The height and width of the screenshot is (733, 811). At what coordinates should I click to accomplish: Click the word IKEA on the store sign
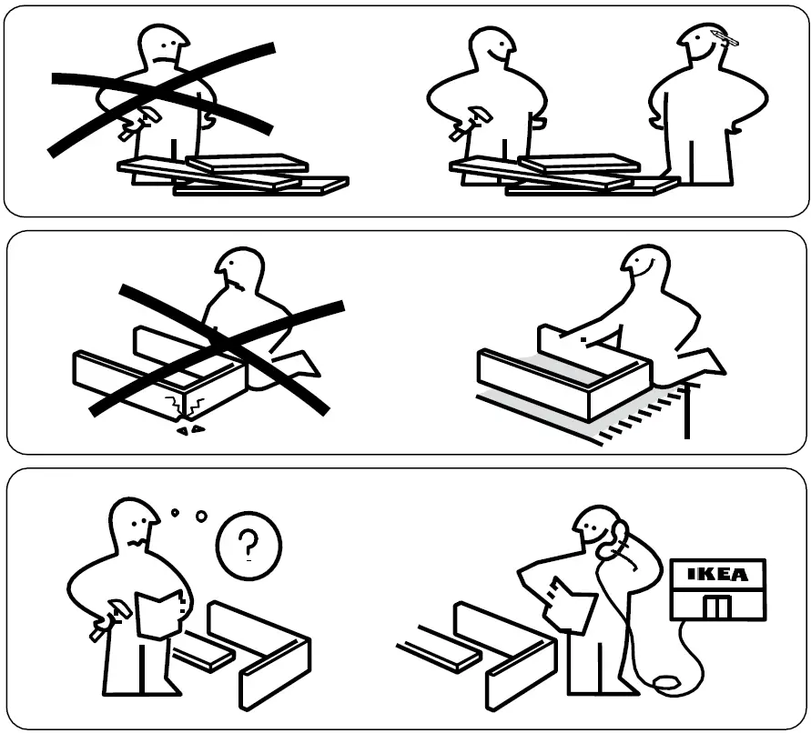[x=718, y=575]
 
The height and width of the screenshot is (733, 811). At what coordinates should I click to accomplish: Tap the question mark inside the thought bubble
[x=248, y=547]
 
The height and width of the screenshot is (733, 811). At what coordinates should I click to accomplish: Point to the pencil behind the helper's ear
[x=725, y=38]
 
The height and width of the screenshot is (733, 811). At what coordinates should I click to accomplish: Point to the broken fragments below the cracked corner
[x=189, y=426]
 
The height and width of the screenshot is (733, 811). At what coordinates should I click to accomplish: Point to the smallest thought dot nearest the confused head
[x=175, y=513]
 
